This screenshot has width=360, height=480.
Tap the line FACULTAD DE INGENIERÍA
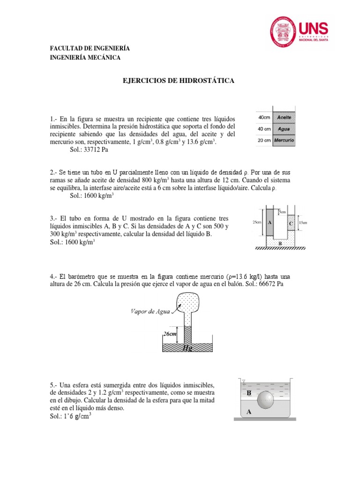[90, 49]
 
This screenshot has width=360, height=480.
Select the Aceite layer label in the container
[285, 117]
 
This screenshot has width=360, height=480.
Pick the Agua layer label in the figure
[285, 129]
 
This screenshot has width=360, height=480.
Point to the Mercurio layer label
[285, 140]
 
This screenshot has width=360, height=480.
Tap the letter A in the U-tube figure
[270, 223]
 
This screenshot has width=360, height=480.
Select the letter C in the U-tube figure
[291, 224]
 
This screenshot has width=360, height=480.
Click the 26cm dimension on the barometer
[170, 333]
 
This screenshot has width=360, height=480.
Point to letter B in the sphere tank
[249, 393]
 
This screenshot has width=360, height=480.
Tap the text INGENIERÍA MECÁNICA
[85, 58]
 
